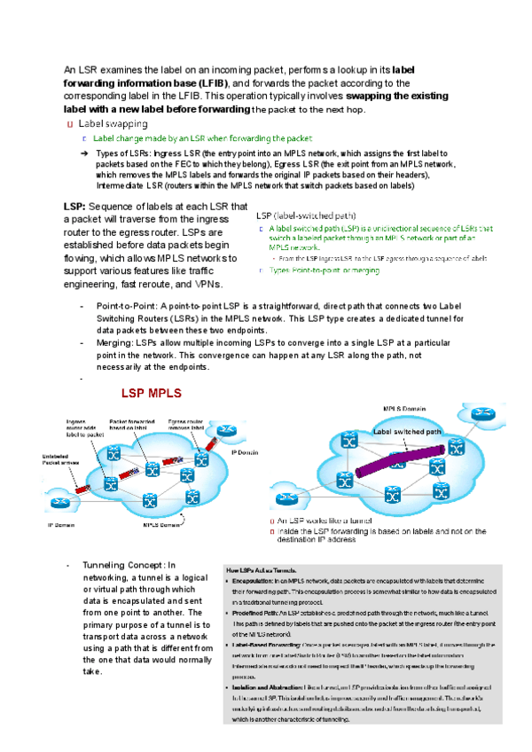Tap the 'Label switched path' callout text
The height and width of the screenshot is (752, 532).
click(407, 432)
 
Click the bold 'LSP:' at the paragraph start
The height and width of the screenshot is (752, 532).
click(74, 206)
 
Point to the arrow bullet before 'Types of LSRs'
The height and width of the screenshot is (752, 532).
click(83, 154)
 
